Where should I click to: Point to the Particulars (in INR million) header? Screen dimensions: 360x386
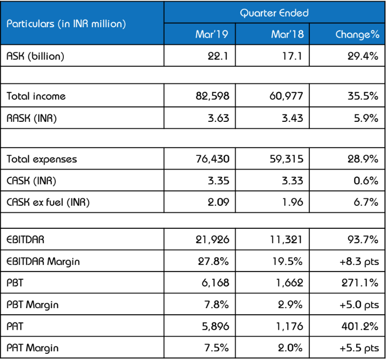(x=66, y=24)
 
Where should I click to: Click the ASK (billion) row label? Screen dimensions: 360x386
(x=36, y=57)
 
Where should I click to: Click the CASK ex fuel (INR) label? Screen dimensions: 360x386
(x=48, y=202)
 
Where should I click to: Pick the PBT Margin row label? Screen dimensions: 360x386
(x=32, y=304)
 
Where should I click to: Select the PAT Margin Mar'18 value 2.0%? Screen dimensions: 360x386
(x=291, y=348)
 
